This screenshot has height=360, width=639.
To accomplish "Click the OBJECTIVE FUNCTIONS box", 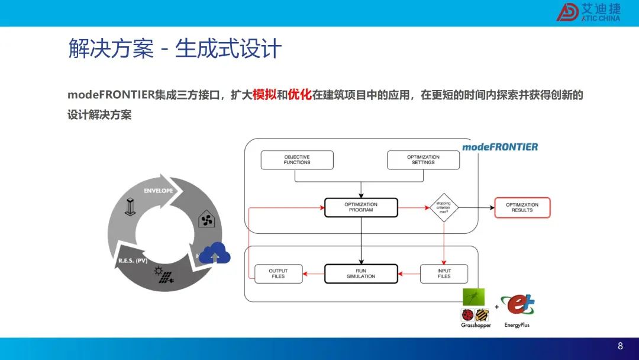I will pyautogui.click(x=297, y=160).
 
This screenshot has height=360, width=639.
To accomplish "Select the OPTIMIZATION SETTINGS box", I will pyautogui.click(x=423, y=160).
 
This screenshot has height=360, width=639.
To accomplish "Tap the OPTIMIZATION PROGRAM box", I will pyautogui.click(x=361, y=207).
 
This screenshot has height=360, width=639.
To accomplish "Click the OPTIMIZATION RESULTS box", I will pyautogui.click(x=522, y=207).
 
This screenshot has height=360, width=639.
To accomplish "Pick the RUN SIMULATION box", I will pyautogui.click(x=361, y=274).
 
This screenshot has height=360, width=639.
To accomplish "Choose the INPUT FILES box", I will pyautogui.click(x=444, y=274).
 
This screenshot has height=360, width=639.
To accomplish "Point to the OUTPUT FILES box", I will pyautogui.click(x=278, y=274).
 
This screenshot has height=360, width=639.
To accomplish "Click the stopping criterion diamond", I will pyautogui.click(x=444, y=207).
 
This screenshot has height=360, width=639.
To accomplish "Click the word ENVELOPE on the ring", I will pyautogui.click(x=159, y=191).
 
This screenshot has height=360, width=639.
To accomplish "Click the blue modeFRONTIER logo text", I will pyautogui.click(x=499, y=147).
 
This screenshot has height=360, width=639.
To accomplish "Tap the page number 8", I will pyautogui.click(x=620, y=346).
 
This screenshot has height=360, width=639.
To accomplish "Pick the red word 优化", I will pyautogui.click(x=299, y=95).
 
